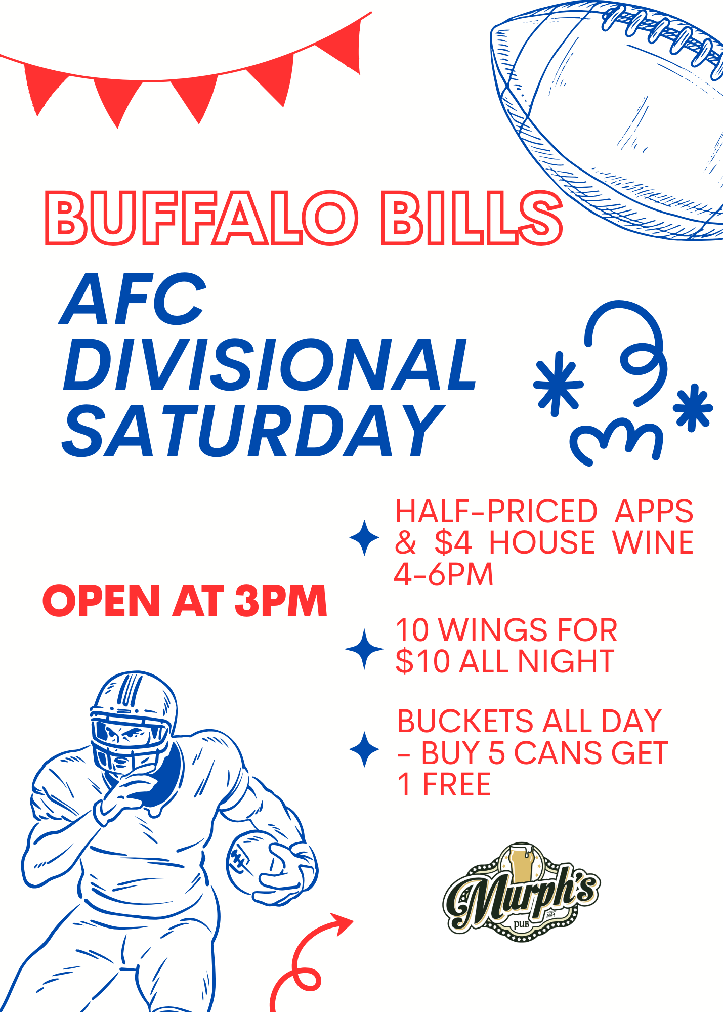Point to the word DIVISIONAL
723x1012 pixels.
pos(270,365)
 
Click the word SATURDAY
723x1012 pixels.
pos(253,431)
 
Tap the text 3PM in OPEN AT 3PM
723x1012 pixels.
pos(281,601)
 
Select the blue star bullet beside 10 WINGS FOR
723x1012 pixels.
pos(364,649)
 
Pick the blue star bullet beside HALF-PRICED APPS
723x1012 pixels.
pos(364,537)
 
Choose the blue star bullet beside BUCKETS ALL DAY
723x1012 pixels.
pos(364,749)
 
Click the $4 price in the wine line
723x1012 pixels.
pos(453,543)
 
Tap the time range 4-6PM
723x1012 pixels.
pos(443,575)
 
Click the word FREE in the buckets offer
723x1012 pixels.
pos(457,785)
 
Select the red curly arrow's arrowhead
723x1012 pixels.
pos(342,923)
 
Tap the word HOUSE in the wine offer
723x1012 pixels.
pos(542,543)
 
